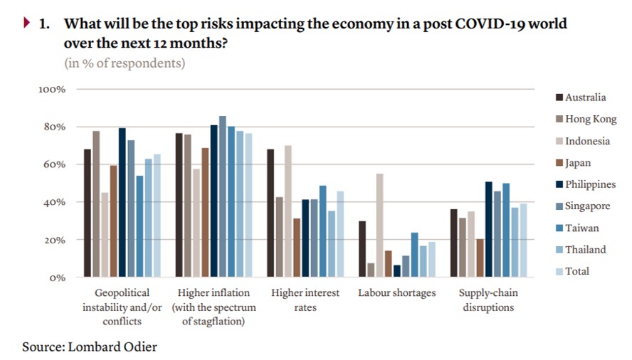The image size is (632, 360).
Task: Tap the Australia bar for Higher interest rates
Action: (270, 213)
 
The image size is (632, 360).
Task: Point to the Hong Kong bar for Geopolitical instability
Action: (96, 203)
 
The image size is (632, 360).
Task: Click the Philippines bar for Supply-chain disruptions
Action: (488, 229)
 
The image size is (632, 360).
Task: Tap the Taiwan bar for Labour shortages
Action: (414, 255)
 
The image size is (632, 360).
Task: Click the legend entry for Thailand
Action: (585, 250)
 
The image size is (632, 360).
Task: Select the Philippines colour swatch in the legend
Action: (559, 184)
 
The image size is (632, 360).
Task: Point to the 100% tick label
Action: (52, 90)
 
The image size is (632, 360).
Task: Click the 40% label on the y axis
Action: (55, 202)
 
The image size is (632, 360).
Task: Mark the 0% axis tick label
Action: (58, 277)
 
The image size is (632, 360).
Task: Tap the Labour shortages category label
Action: (396, 293)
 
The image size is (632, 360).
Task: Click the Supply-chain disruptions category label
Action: (488, 300)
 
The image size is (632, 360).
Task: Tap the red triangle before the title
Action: (27, 23)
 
